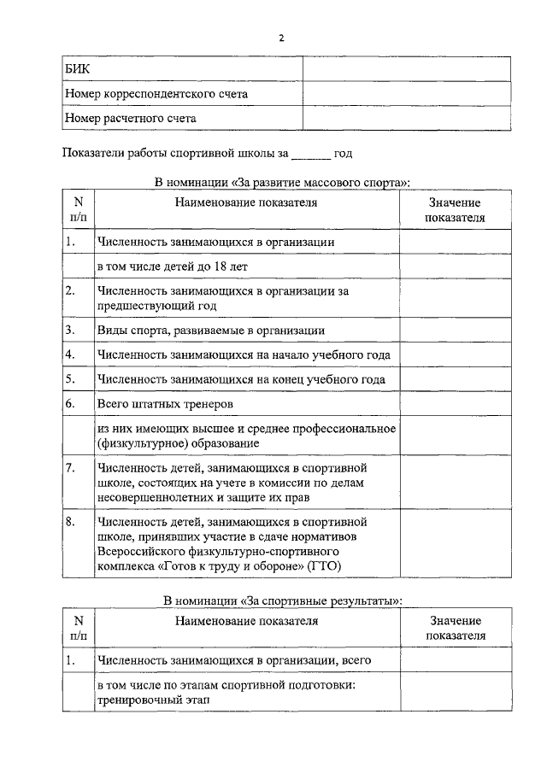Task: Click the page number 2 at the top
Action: tap(280, 38)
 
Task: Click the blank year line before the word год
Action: tap(310, 154)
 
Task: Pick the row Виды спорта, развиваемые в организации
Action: tap(210, 329)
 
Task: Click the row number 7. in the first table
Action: tap(71, 468)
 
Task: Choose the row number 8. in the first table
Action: tap(71, 520)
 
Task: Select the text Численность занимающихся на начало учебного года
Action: tap(244, 354)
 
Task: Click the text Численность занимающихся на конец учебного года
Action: tap(241, 378)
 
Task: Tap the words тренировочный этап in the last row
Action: tap(153, 699)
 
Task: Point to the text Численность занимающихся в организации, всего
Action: tap(233, 660)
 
